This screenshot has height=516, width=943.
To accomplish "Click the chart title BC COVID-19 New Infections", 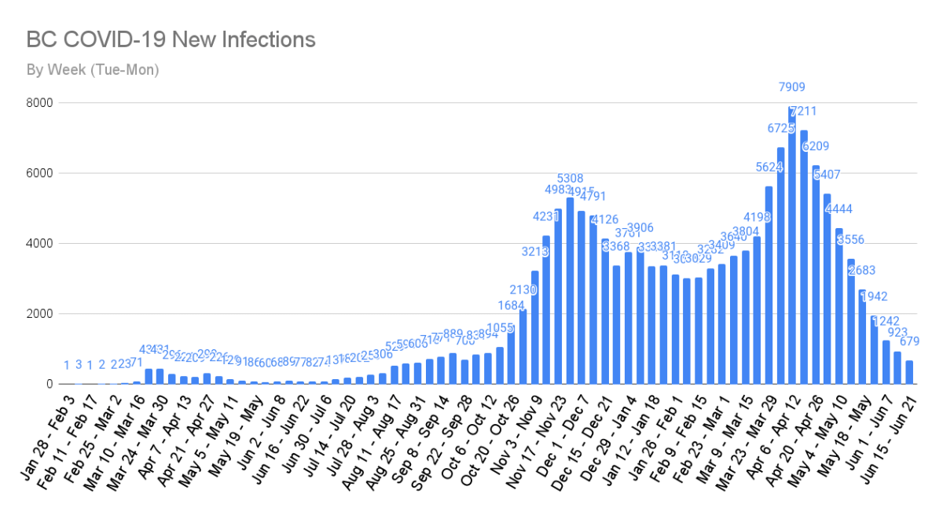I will [x=171, y=39].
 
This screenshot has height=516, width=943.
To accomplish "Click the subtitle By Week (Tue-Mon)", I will [x=93, y=70].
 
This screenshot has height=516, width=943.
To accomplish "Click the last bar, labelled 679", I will [x=909, y=372].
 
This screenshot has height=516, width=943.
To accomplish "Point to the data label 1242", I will [x=886, y=321].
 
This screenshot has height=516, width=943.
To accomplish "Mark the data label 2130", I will [x=523, y=290].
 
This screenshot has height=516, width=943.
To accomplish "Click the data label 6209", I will [x=815, y=146].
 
